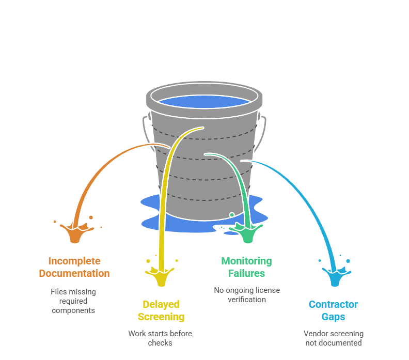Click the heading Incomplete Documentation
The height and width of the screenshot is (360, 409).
74,267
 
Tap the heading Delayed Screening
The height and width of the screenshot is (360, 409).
161,310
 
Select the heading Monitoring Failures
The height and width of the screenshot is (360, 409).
246,267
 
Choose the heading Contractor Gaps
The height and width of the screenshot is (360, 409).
333,310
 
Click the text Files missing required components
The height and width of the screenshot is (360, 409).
73,301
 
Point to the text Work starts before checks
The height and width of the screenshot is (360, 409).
160,338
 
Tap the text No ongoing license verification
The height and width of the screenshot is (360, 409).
247,294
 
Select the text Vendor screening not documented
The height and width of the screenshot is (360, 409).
333,338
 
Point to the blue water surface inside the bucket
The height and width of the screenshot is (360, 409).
204,101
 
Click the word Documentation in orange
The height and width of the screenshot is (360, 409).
74,273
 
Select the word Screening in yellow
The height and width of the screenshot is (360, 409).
161,317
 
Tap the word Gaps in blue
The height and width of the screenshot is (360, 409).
333,317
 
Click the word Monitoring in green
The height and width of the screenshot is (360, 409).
246,261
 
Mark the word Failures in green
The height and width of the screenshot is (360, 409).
246,273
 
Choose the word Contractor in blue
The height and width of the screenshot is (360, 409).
333,304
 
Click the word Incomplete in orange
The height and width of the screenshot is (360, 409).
74,261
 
